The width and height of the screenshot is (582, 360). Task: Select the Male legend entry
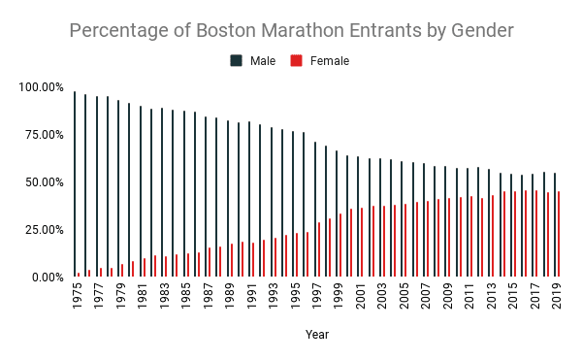[x=253, y=61]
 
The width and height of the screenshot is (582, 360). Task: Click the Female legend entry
[x=321, y=61]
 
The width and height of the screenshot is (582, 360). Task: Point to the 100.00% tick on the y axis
[x=41, y=87]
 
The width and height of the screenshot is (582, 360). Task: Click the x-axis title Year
[x=315, y=335]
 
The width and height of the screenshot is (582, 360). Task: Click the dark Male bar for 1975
[x=75, y=184]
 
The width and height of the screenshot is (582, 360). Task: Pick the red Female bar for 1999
[x=340, y=245]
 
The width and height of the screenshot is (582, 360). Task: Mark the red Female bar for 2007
[x=428, y=239]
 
